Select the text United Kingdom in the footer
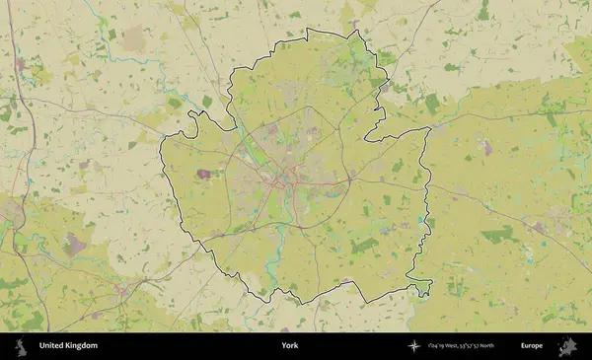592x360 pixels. point(68,346)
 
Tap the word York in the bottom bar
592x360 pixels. point(289,346)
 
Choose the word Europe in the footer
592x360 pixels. point(532,346)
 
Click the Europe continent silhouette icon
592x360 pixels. point(567,346)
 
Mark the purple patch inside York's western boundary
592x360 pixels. point(204,175)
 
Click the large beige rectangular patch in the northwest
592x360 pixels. point(133,40)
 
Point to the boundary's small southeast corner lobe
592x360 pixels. point(424,288)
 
